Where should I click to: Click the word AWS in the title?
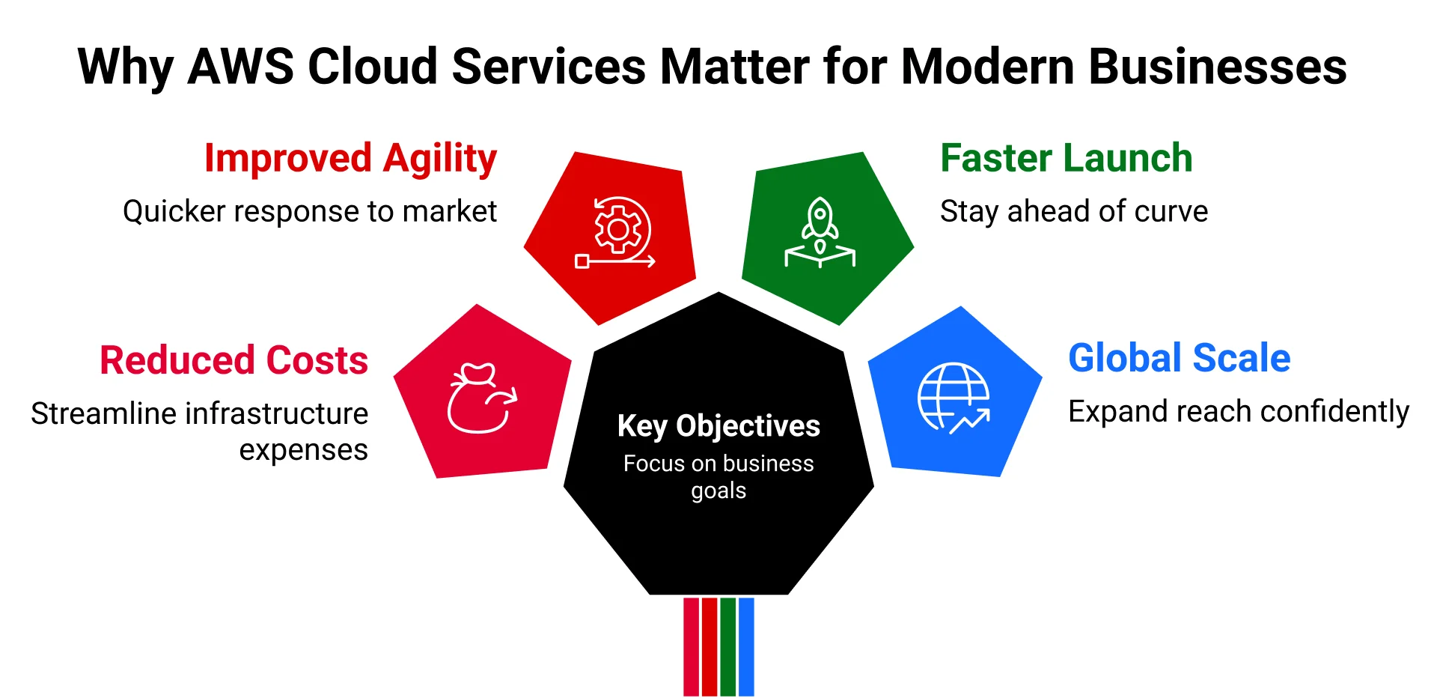click(x=240, y=67)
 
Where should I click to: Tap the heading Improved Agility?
click(x=350, y=159)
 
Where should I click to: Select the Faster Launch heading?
click(x=1066, y=159)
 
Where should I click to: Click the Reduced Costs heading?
click(x=234, y=360)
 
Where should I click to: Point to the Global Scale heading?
click(x=1179, y=358)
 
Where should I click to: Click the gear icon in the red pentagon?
click(x=617, y=230)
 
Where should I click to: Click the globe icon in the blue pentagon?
click(x=953, y=397)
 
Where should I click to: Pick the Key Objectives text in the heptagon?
click(x=718, y=425)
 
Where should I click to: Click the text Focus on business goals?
click(x=718, y=476)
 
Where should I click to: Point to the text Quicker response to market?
click(x=310, y=212)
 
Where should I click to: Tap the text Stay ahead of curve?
click(x=1073, y=212)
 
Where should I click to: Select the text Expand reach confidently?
click(x=1238, y=412)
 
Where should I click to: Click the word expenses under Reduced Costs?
click(x=303, y=450)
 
